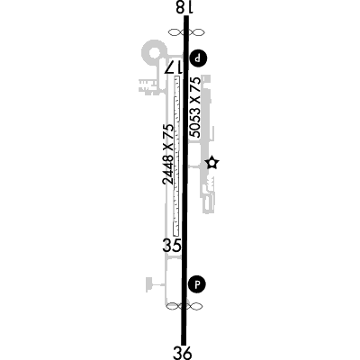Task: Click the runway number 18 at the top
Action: (x=184, y=7)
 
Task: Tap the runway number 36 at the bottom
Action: (x=183, y=353)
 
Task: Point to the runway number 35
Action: (x=172, y=246)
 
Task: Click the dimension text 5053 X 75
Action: (x=196, y=107)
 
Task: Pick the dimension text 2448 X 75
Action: (x=168, y=154)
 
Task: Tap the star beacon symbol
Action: (x=212, y=163)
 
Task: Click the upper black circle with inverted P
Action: (x=198, y=58)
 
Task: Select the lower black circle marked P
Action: (x=197, y=284)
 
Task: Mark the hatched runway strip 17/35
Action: (x=176, y=156)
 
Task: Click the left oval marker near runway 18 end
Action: (x=175, y=32)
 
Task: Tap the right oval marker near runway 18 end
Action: (x=197, y=32)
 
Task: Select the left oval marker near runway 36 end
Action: (x=173, y=306)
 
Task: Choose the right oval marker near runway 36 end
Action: (x=194, y=306)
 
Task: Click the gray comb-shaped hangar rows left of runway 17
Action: (x=148, y=85)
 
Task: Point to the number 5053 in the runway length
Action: (x=196, y=121)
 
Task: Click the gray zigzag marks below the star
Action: (x=211, y=182)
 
